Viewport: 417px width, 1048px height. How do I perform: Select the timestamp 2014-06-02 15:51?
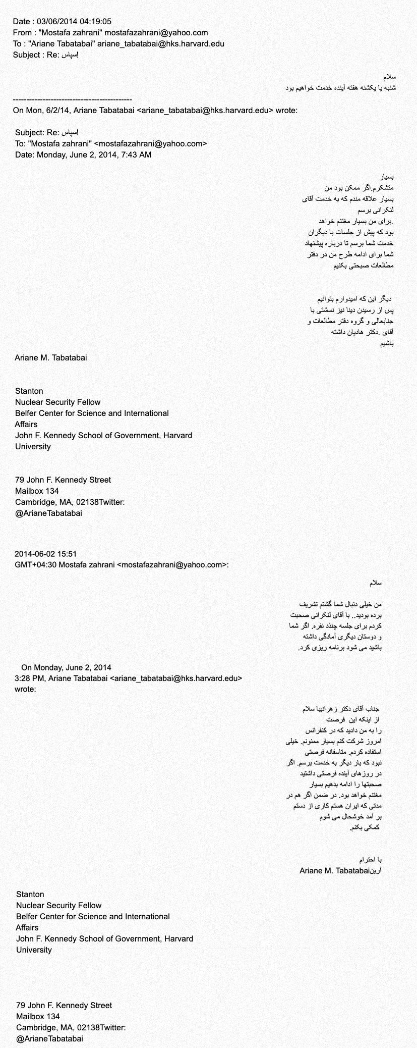[46, 554]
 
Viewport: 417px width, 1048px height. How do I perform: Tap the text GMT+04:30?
[36, 565]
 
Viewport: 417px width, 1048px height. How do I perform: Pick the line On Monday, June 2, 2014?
[66, 667]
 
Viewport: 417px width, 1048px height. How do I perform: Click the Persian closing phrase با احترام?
[371, 859]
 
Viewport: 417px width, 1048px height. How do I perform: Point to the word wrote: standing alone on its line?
[25, 689]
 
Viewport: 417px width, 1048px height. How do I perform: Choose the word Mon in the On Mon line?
[33, 110]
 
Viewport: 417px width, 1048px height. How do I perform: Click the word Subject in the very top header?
[26, 55]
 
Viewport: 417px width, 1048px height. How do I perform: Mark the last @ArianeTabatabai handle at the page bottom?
[49, 1038]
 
